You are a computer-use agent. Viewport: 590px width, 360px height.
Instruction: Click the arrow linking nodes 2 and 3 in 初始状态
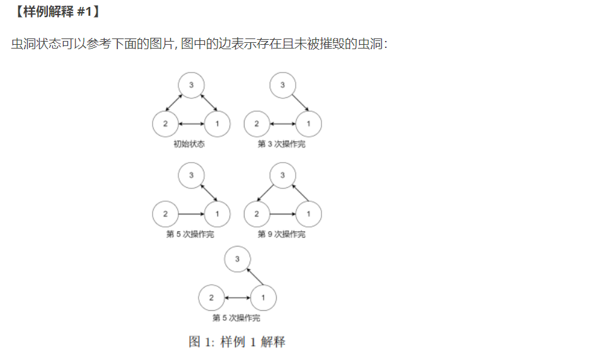click(174, 103)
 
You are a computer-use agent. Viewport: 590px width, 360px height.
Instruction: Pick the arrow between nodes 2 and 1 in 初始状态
click(191, 124)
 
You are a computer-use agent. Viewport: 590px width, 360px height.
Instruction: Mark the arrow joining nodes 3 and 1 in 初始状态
click(209, 103)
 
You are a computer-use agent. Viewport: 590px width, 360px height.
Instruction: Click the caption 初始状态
click(189, 144)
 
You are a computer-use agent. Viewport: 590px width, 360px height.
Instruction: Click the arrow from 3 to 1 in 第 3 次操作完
click(300, 103)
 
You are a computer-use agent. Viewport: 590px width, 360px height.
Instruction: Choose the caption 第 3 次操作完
click(282, 144)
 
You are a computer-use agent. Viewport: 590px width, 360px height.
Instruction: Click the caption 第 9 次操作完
click(282, 235)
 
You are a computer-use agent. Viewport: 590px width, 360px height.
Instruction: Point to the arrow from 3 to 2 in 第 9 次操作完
click(265, 193)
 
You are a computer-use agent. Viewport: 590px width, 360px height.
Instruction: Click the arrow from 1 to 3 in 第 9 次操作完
click(300, 193)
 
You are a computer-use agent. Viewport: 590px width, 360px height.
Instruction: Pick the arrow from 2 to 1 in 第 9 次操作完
click(282, 214)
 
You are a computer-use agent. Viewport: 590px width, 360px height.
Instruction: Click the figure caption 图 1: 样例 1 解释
click(237, 342)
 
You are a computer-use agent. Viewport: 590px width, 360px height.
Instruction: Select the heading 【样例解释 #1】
click(56, 11)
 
